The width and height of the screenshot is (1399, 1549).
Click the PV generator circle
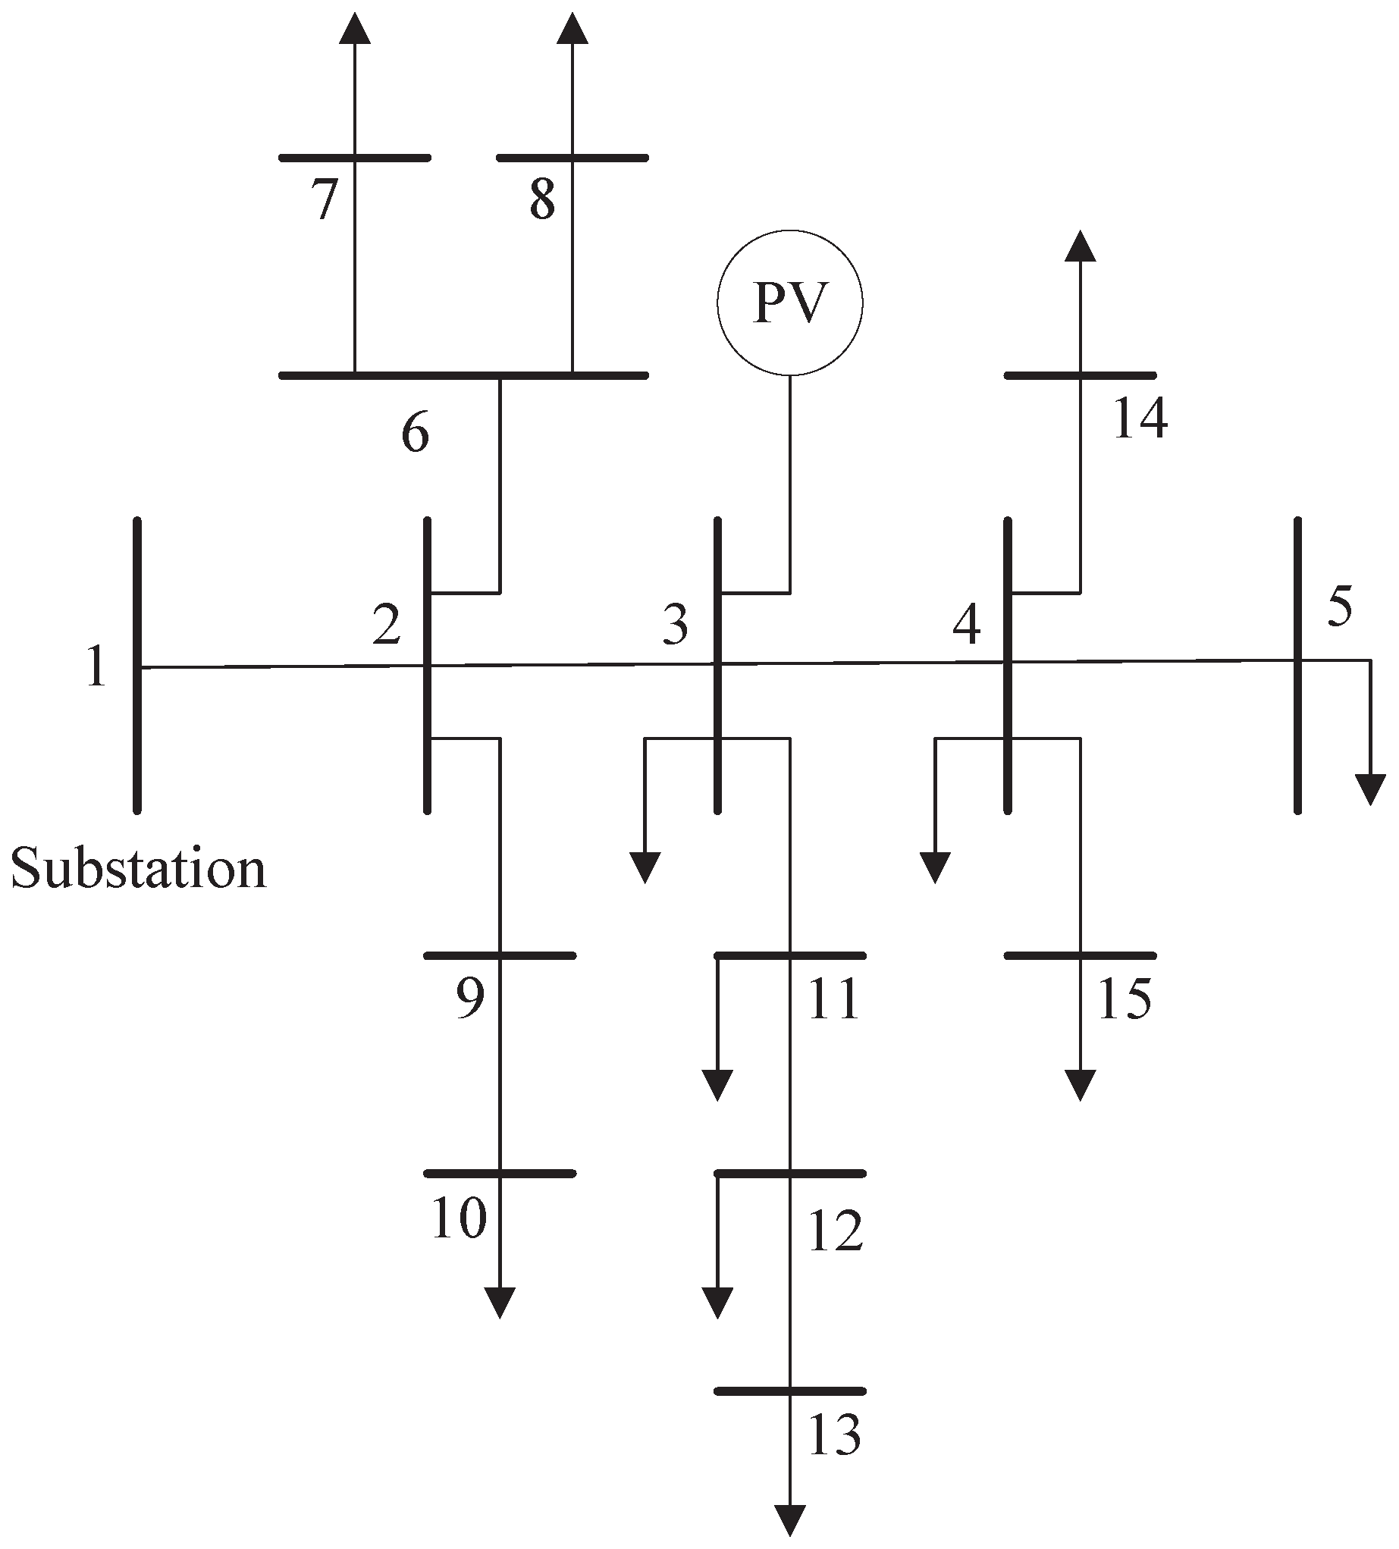pyautogui.click(x=789, y=303)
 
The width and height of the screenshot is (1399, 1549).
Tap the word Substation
pyautogui.click(x=138, y=869)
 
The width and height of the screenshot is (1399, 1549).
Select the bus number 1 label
pyautogui.click(x=96, y=667)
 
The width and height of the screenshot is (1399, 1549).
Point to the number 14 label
pyautogui.click(x=1140, y=419)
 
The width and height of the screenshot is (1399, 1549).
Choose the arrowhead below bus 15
pyautogui.click(x=1081, y=1085)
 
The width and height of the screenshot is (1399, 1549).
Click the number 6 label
pyautogui.click(x=415, y=434)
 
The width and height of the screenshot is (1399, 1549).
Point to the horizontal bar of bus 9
pyautogui.click(x=500, y=956)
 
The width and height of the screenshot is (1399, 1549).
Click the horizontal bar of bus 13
pyautogui.click(x=790, y=1391)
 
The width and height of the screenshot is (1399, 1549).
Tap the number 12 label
pyautogui.click(x=835, y=1231)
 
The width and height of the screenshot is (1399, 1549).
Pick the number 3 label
pyautogui.click(x=676, y=626)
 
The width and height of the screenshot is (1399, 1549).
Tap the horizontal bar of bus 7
pyautogui.click(x=354, y=158)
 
